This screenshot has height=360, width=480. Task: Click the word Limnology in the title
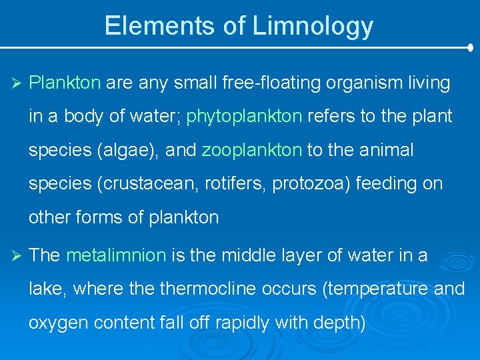click(313, 26)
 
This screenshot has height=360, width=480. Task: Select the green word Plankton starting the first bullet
click(65, 83)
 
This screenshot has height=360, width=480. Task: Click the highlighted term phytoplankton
click(244, 117)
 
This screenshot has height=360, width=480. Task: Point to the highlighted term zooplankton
click(252, 150)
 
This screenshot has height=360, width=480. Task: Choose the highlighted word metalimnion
click(116, 255)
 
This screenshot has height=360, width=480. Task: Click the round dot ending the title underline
click(471, 48)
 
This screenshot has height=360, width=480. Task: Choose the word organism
click(359, 83)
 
